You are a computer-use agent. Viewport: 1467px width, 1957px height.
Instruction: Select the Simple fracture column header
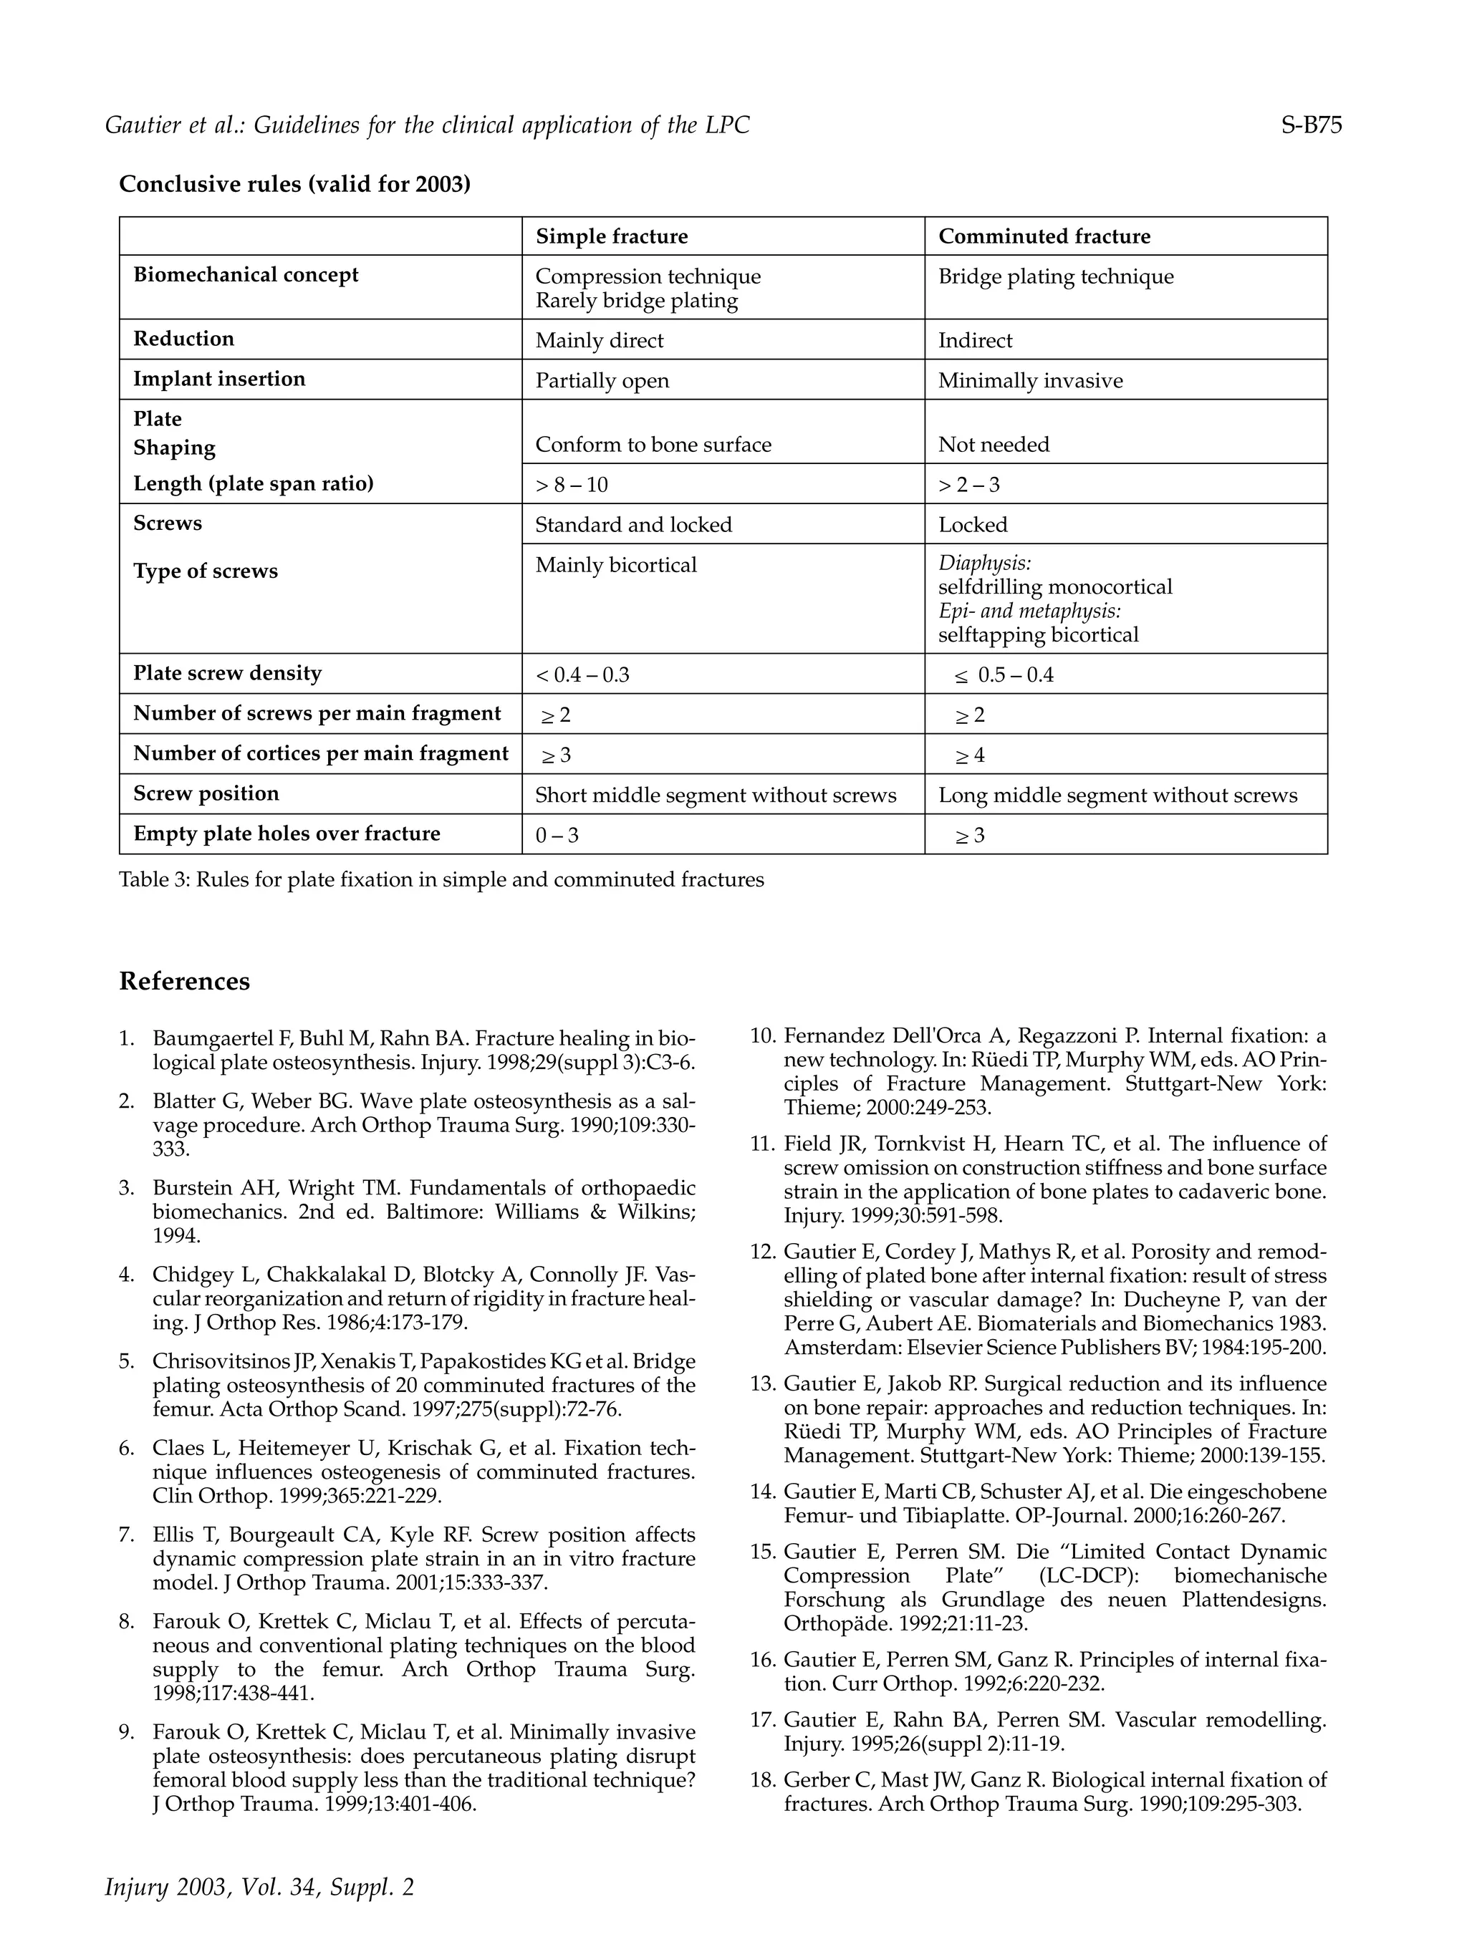[612, 236]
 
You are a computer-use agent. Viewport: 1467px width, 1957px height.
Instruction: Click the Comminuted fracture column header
[1044, 236]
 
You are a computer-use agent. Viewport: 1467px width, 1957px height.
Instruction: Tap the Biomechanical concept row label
[246, 274]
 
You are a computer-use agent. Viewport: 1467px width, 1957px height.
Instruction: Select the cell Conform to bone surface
[653, 444]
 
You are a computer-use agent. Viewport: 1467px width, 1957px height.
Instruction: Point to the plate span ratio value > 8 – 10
[572, 485]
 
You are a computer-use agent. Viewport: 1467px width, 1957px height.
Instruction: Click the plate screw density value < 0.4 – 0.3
[582, 675]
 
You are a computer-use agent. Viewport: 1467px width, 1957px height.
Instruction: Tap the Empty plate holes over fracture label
[287, 833]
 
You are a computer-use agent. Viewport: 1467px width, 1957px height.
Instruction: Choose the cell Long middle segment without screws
[1117, 795]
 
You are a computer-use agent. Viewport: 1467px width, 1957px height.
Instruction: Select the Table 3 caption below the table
[441, 879]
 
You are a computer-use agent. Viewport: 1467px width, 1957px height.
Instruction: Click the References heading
[184, 981]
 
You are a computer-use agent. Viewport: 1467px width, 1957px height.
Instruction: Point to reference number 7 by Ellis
[423, 1558]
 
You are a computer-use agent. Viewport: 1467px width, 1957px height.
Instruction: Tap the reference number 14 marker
[762, 1492]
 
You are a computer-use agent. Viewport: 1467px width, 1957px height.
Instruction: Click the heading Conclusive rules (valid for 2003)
[294, 184]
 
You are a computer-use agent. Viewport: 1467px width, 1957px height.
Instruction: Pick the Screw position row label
[206, 793]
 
